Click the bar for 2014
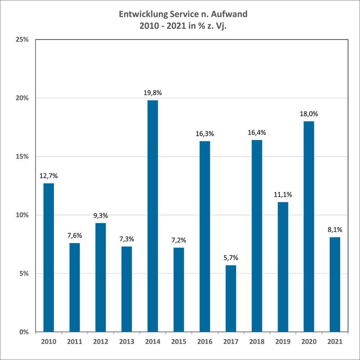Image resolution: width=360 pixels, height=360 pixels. [153, 216]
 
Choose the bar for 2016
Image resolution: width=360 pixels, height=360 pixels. [205, 236]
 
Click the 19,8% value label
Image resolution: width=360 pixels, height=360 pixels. [153, 93]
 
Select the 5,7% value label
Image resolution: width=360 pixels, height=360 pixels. [230, 258]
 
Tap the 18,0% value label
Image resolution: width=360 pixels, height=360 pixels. [309, 114]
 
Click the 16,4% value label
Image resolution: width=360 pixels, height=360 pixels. [256, 133]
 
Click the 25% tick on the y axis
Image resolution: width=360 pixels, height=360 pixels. [22, 40]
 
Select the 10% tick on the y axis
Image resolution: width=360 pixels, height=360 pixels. [22, 215]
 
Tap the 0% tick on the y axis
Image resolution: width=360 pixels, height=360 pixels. [24, 332]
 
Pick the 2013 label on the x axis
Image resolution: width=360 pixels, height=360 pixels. [126, 342]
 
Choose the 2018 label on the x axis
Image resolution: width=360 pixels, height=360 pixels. [256, 342]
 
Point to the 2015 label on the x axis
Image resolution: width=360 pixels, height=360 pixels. [179, 342]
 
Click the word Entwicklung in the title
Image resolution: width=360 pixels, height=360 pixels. [143, 15]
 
